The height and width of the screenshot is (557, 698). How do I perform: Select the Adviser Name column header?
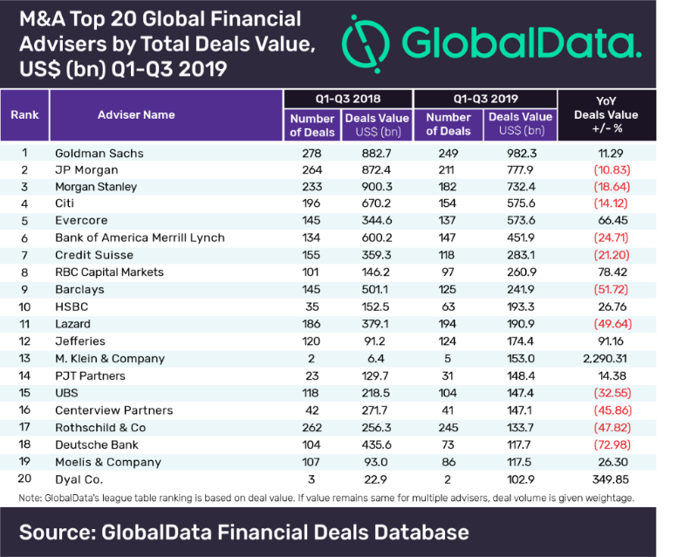[x=136, y=114]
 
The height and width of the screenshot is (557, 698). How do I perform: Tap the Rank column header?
[x=24, y=114]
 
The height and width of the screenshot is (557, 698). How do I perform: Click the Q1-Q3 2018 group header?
[x=348, y=98]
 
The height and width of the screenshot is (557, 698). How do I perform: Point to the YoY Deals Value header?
[x=606, y=114]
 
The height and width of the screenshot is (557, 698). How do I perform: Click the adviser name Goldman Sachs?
[x=98, y=153]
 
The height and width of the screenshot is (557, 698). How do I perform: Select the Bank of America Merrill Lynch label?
[x=139, y=237]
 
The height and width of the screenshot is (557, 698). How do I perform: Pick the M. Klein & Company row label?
[x=110, y=358]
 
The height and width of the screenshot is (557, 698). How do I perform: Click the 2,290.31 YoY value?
[x=605, y=358]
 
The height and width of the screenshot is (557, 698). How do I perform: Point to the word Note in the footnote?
[x=31, y=498]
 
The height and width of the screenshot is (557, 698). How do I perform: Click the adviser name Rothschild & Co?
[x=102, y=427]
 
